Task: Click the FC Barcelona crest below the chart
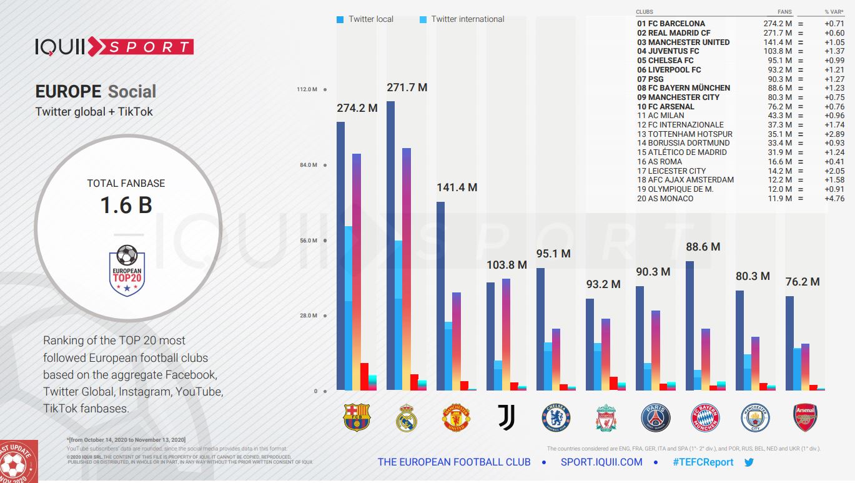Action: [357, 417]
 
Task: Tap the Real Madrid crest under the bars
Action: [407, 417]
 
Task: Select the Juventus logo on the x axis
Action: [507, 417]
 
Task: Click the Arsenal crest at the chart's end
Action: [805, 417]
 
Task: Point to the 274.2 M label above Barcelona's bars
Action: [357, 108]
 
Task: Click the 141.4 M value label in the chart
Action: [457, 187]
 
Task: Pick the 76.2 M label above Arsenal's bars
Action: [803, 282]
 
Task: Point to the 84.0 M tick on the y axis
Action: [307, 165]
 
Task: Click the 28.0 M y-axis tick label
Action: [307, 316]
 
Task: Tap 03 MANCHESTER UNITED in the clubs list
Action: [683, 42]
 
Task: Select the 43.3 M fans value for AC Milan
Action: [779, 116]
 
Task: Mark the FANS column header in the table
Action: [784, 12]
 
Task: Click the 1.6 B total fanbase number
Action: [126, 206]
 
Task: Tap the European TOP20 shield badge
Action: [127, 271]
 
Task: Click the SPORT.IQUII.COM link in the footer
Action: [601, 462]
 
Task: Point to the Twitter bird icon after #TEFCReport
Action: [749, 462]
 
